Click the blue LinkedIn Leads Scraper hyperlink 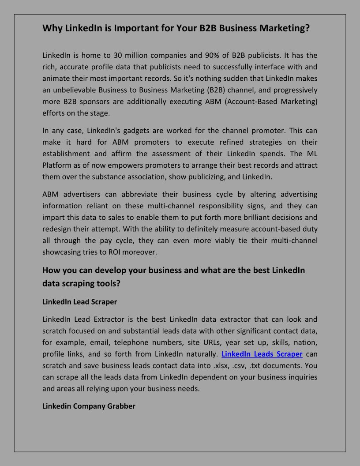(262, 354)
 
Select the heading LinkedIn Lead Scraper (79, 302)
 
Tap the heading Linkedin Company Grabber (89, 406)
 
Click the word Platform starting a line (56, 165)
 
